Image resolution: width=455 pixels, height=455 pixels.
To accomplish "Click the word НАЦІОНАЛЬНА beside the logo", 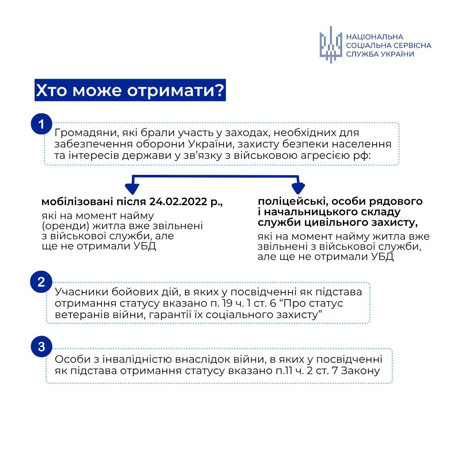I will (x=375, y=37).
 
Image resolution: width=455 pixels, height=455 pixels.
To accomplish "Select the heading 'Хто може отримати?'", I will (x=130, y=91).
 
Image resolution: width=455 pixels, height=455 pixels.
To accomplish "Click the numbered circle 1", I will (x=41, y=124).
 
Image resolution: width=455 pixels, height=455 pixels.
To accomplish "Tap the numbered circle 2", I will (x=41, y=282).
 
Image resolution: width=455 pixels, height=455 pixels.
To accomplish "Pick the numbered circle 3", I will (x=41, y=347).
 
